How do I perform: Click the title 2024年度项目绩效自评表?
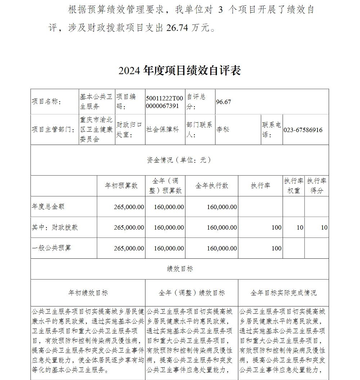point(180,71)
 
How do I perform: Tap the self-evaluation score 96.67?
point(224,102)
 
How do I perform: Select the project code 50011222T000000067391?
point(165,102)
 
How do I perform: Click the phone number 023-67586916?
point(303,130)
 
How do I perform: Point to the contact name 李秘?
point(223,130)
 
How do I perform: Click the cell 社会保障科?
point(162,130)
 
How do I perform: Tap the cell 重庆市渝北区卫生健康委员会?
point(96,130)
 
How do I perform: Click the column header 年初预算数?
point(121,186)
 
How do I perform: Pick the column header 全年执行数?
point(212,186)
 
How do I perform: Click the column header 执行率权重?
point(293,186)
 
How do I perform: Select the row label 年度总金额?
point(48,207)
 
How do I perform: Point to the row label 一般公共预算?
point(51,248)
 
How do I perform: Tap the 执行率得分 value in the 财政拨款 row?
point(324,227)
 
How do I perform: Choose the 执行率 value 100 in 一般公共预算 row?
point(276,248)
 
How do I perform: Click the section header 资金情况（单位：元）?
point(179,160)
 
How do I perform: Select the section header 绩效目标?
point(180,269)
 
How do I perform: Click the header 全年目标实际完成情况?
point(283,293)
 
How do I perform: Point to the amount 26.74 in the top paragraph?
point(177,28)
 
